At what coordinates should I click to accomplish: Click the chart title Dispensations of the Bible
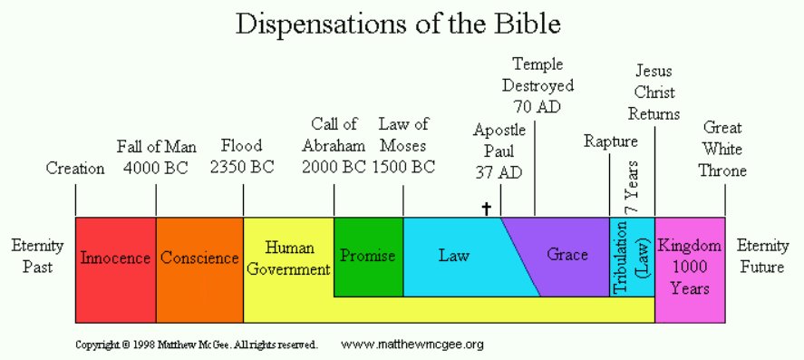click(399, 24)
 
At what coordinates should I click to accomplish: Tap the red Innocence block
click(116, 269)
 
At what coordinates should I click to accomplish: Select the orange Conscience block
click(199, 269)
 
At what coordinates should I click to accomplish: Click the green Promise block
click(368, 257)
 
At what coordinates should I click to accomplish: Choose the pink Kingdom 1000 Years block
click(690, 269)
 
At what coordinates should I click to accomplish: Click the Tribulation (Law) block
click(632, 257)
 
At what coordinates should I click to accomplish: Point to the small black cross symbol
click(486, 209)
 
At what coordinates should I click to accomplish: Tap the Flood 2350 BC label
click(242, 156)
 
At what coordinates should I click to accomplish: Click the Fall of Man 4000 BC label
click(157, 156)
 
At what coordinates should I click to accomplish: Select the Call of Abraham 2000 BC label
click(334, 145)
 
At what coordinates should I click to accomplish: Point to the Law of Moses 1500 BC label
click(403, 145)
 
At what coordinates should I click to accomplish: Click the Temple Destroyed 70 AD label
click(538, 85)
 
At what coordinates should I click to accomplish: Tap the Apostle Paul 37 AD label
click(499, 151)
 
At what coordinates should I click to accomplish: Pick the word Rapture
click(611, 141)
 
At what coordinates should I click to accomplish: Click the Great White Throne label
click(722, 149)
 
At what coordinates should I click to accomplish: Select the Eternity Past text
click(37, 257)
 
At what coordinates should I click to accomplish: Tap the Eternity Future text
click(762, 257)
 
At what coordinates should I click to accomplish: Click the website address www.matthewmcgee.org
click(412, 345)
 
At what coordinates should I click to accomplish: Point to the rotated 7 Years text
click(632, 187)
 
